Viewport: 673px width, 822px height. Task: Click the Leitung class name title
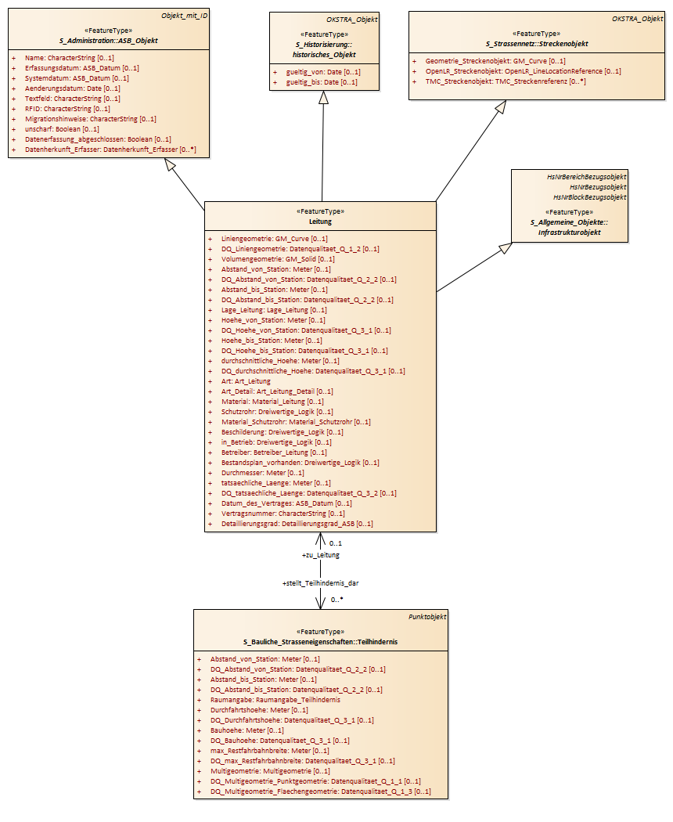[x=320, y=222]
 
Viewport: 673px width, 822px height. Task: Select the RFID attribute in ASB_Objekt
[x=67, y=109]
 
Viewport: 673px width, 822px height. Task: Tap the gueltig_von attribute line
[x=323, y=72]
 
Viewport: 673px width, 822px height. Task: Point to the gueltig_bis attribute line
[x=322, y=82]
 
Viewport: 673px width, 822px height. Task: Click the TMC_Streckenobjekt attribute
[x=506, y=81]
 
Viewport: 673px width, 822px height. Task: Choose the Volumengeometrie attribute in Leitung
[x=278, y=259]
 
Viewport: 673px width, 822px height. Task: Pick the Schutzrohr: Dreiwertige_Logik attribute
[x=277, y=412]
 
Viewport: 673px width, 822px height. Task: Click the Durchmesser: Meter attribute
[x=263, y=472]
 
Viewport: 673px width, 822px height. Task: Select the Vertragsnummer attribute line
[x=283, y=514]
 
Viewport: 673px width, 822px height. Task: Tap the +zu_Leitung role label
[x=321, y=554]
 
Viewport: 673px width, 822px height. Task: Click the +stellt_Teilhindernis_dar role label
[x=321, y=582]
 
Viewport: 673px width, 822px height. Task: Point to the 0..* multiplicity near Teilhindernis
[x=337, y=599]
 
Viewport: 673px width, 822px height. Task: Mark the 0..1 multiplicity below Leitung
[x=336, y=543]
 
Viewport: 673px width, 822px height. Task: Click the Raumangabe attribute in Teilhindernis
[x=275, y=699]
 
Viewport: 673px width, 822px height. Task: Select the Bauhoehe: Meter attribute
[x=247, y=730]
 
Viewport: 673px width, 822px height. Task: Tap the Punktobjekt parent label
[x=427, y=617]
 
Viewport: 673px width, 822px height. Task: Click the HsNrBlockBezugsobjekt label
[x=590, y=197]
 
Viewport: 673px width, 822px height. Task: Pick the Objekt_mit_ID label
[x=185, y=15]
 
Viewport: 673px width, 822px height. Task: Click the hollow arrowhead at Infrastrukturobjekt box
[x=506, y=247]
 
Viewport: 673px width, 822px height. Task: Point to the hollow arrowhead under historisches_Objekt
[x=323, y=97]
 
